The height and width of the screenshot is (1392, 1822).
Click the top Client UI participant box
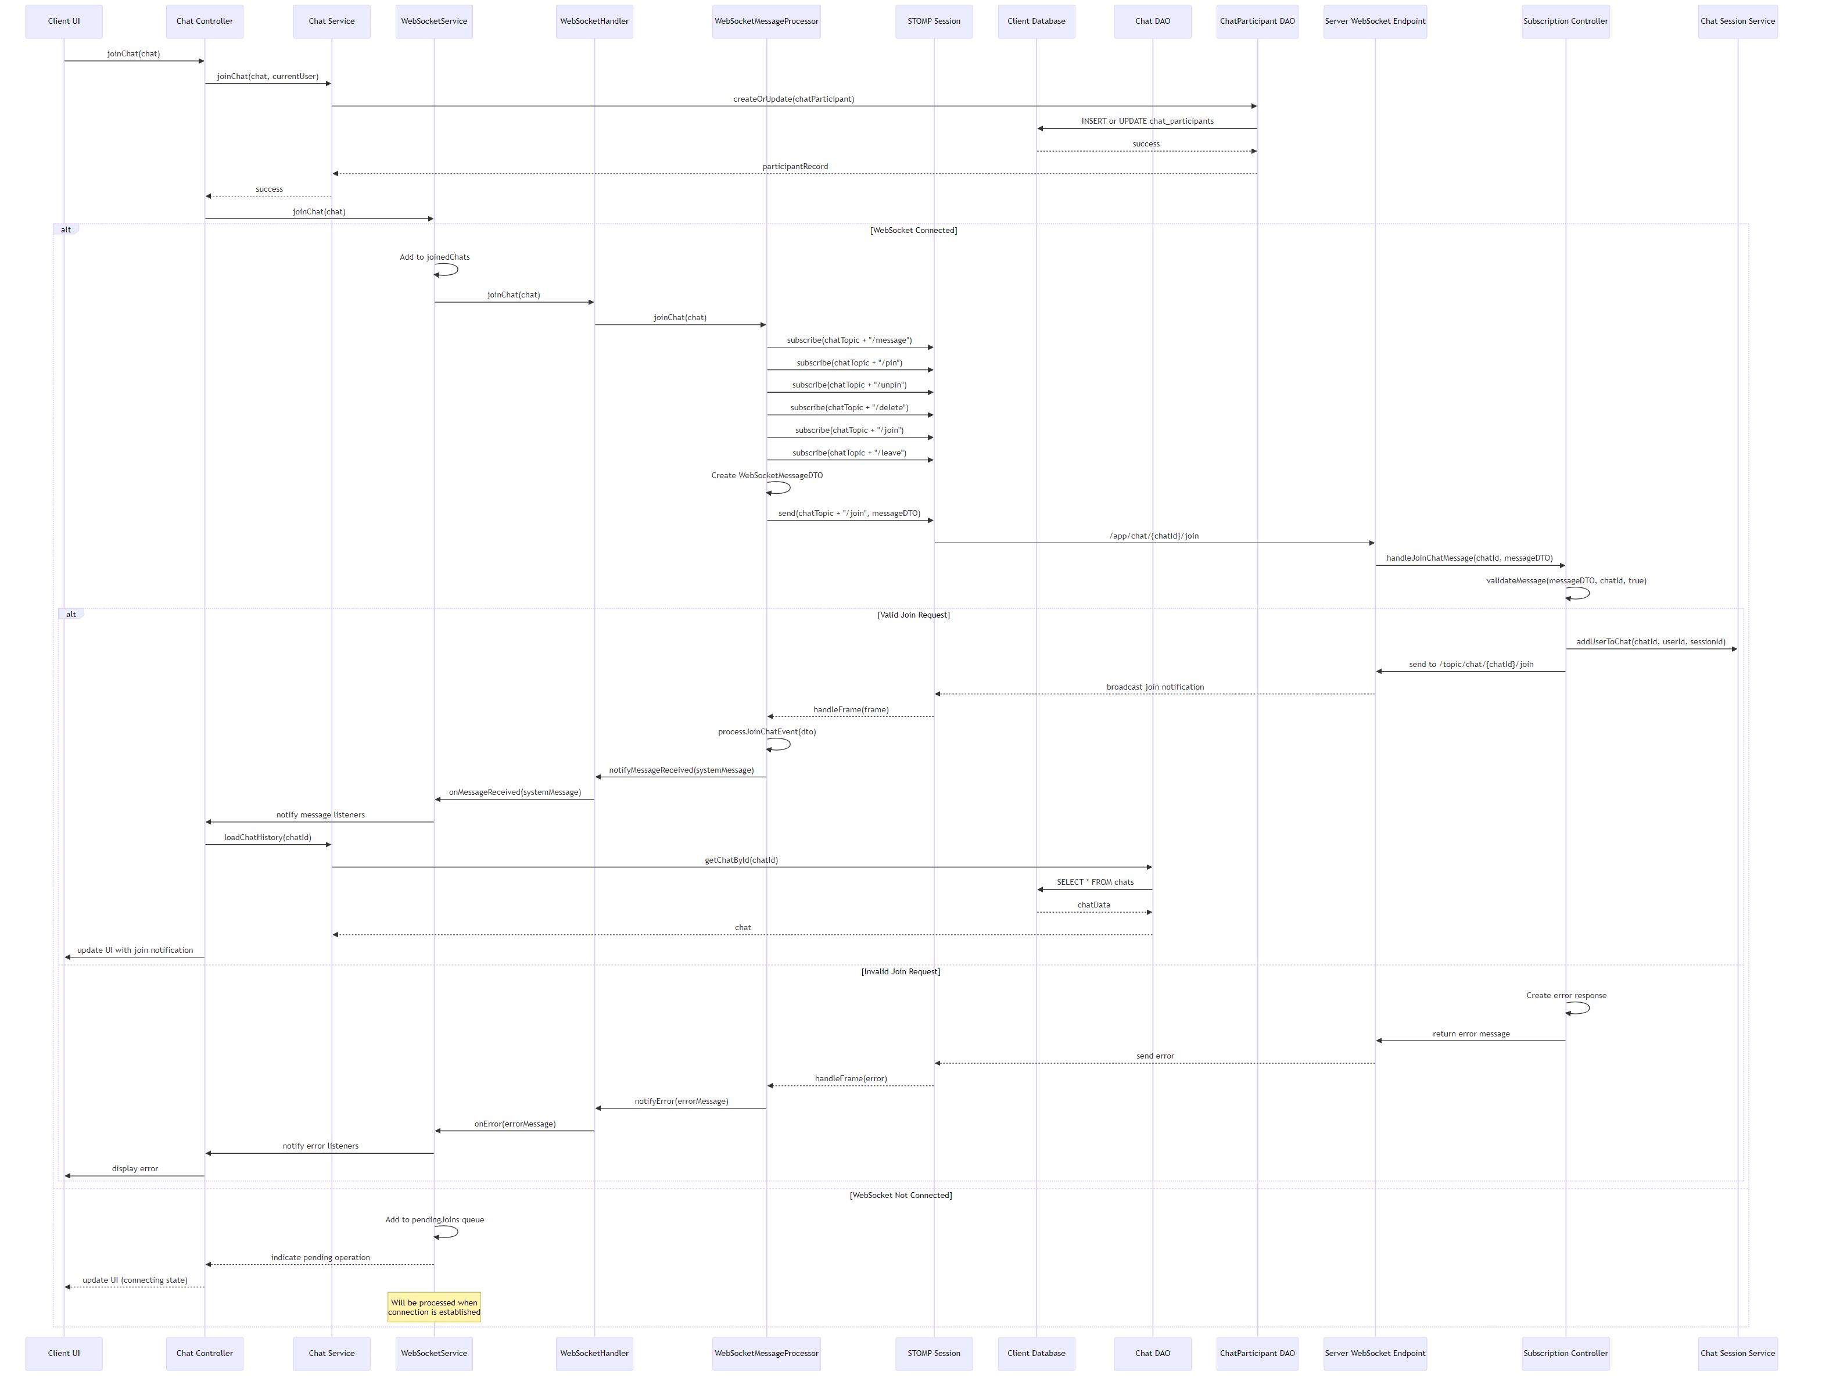pyautogui.click(x=64, y=21)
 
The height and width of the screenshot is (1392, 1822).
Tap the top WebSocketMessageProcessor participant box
pyautogui.click(x=766, y=21)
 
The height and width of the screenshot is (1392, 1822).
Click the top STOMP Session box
pyautogui.click(x=933, y=21)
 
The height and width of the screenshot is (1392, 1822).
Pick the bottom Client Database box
pyautogui.click(x=1036, y=1353)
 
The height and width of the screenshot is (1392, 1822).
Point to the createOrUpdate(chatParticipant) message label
pyautogui.click(x=793, y=99)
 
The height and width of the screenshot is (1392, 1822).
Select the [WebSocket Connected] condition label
pyautogui.click(x=913, y=230)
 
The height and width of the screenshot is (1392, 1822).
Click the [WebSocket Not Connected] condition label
pyautogui.click(x=900, y=1195)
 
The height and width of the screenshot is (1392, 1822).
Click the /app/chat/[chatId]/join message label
pyautogui.click(x=1153, y=536)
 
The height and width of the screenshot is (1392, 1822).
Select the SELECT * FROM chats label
pyautogui.click(x=1095, y=882)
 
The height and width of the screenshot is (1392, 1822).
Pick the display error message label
pyautogui.click(x=134, y=1168)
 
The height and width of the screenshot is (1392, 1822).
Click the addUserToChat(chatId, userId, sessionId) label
pyautogui.click(x=1651, y=642)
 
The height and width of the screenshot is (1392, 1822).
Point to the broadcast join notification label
pyautogui.click(x=1154, y=687)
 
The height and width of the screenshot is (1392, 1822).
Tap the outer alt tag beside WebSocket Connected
pyautogui.click(x=66, y=229)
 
